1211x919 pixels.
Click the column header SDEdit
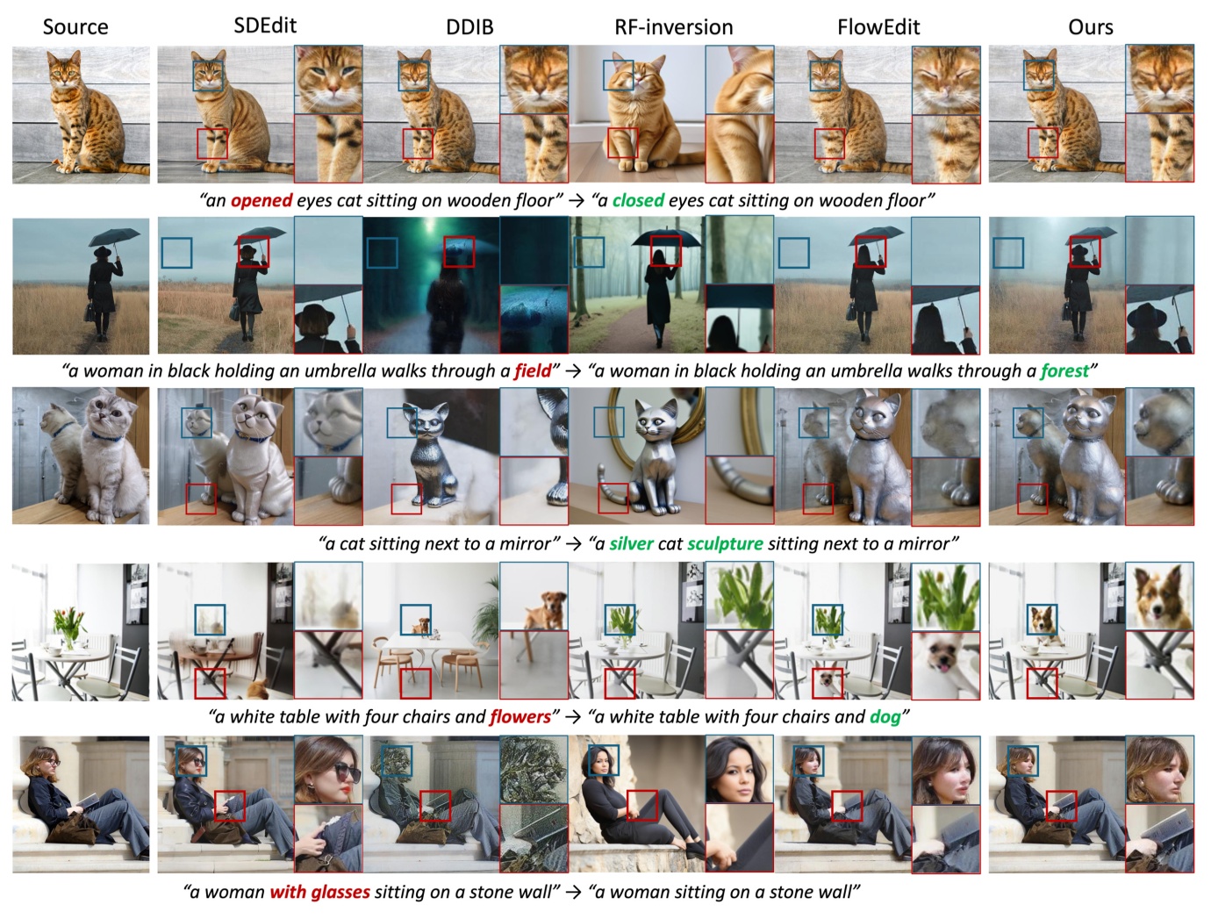click(x=265, y=25)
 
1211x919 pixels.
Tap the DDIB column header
click(x=469, y=27)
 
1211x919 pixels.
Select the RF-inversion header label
click(x=673, y=27)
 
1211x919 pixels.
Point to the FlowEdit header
click(x=878, y=27)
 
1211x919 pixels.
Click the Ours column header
click(x=1090, y=27)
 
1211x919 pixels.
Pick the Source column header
click(x=75, y=27)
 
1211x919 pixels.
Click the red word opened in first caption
click(x=262, y=200)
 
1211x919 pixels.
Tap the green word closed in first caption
click(x=638, y=200)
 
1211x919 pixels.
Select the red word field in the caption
click(x=533, y=370)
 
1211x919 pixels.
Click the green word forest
click(x=1064, y=370)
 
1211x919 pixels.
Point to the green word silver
click(x=631, y=543)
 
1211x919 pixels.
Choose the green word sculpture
click(x=725, y=543)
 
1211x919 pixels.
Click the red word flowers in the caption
click(x=520, y=716)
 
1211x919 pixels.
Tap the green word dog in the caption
click(x=885, y=716)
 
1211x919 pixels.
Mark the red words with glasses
click(x=319, y=892)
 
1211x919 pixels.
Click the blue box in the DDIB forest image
click(x=382, y=253)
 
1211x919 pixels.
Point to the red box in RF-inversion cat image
click(x=622, y=143)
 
